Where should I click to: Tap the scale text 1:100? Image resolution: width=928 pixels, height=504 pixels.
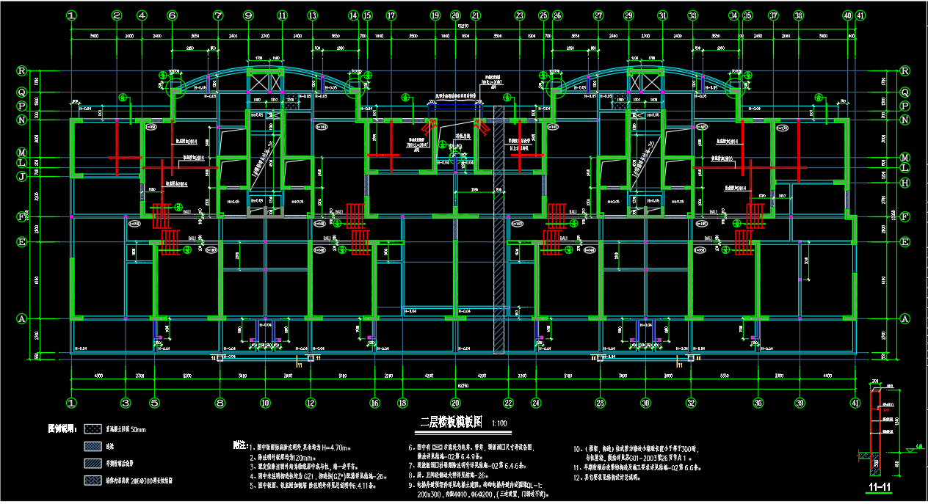coord(499,423)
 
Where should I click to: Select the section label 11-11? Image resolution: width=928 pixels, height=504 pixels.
coord(875,486)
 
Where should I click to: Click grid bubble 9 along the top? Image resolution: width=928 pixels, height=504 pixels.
coord(247,15)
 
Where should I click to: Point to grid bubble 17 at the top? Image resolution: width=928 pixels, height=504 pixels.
coord(391,15)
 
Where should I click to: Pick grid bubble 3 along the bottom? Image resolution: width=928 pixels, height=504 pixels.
coord(126,403)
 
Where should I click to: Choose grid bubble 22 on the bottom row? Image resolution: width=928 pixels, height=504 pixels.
coord(508,403)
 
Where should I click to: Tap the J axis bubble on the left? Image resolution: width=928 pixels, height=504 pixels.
coord(22,176)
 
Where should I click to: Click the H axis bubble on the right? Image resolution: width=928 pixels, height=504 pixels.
coord(905,182)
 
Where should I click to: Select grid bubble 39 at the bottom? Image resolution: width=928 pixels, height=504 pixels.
coord(800,403)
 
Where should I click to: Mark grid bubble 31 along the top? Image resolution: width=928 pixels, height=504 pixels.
coord(663,15)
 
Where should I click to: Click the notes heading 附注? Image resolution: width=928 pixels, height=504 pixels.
coord(239,445)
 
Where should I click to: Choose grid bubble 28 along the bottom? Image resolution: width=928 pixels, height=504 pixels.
coord(600,403)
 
